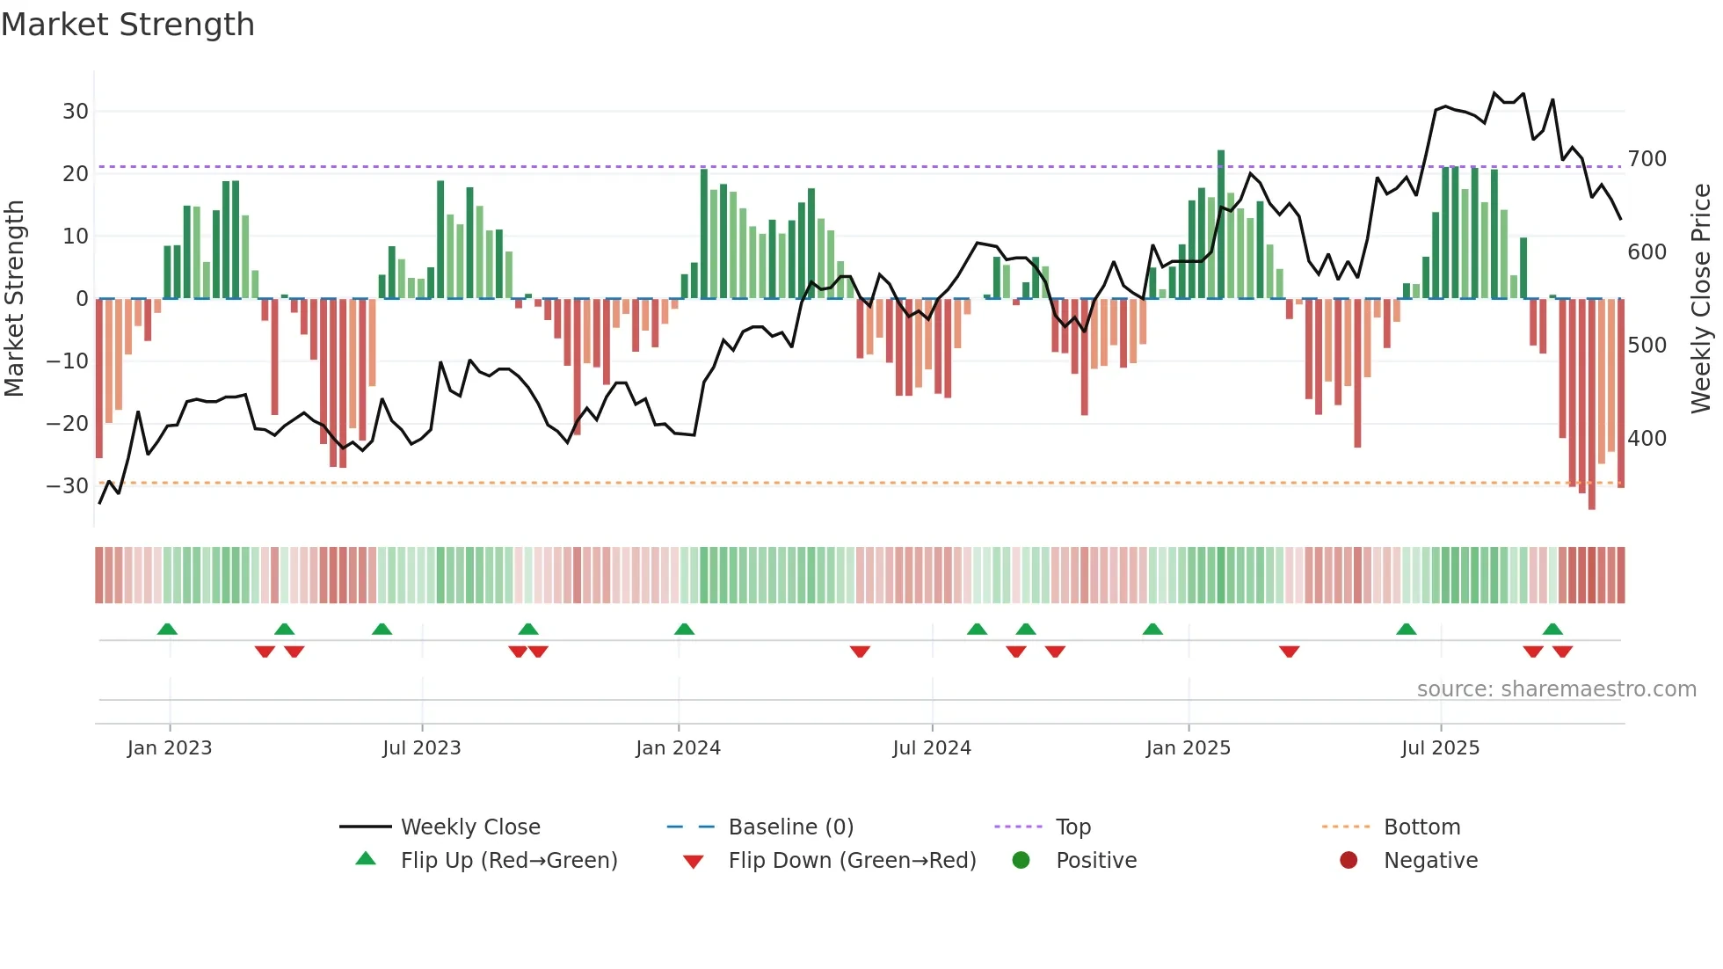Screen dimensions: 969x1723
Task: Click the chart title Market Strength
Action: (127, 25)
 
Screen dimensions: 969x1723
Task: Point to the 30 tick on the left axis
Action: (76, 112)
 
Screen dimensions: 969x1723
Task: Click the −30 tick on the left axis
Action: (68, 486)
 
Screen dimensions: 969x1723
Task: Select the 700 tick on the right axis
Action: (1647, 159)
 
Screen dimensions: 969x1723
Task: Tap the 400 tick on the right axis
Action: (1647, 438)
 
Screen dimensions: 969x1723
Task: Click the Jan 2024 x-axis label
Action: (678, 748)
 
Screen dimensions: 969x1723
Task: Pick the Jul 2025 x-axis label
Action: (1440, 748)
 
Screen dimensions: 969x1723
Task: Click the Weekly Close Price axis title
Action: (1701, 299)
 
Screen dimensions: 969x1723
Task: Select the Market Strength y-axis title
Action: (15, 299)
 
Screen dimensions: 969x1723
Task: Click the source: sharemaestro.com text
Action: (1556, 689)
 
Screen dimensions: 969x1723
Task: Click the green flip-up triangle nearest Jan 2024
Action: (684, 629)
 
